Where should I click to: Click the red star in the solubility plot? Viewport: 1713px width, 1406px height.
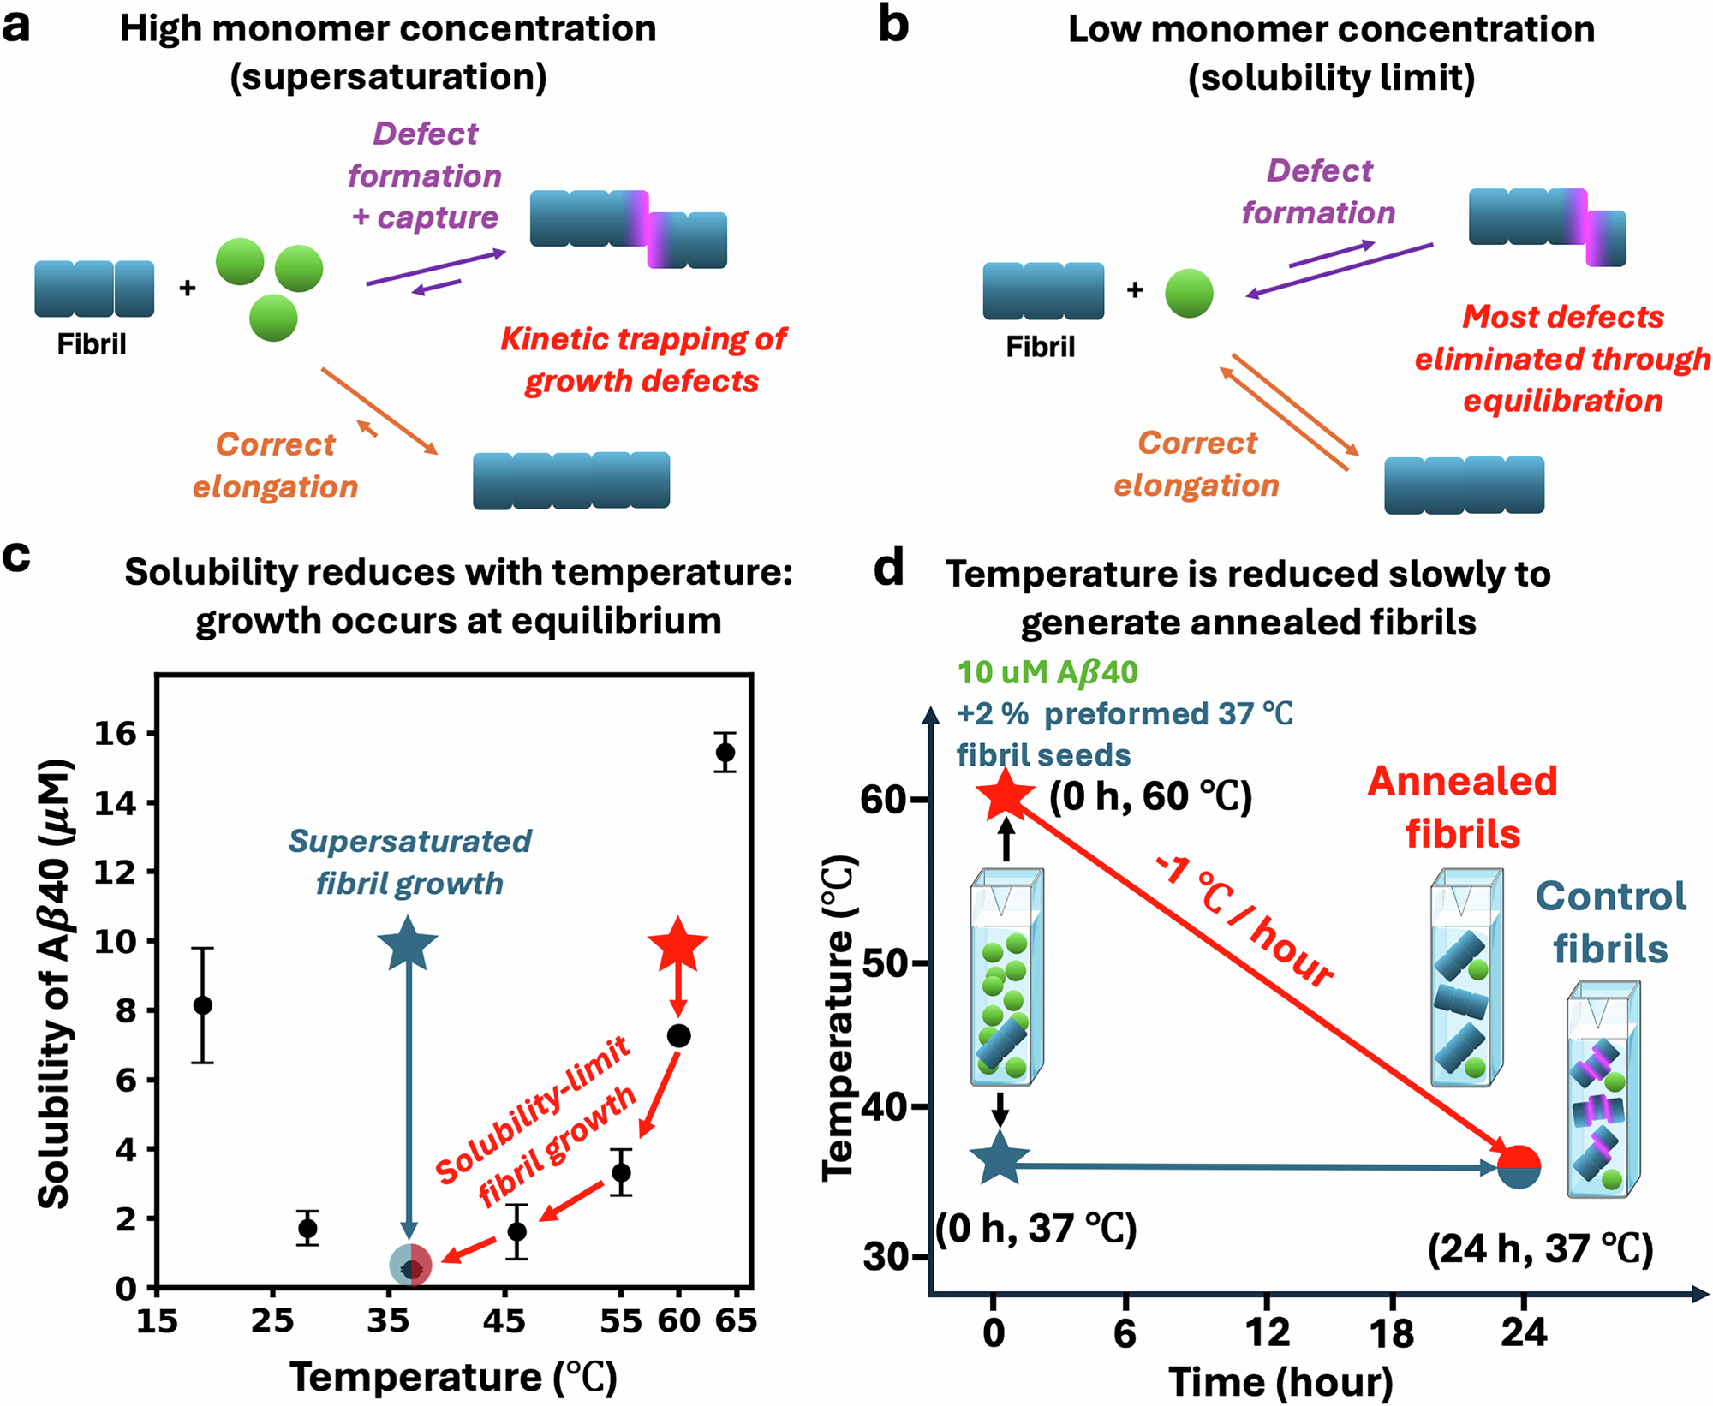tap(677, 944)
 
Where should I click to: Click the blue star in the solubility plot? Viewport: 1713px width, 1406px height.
tap(408, 944)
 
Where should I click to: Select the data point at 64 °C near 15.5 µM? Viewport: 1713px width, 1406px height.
tap(725, 753)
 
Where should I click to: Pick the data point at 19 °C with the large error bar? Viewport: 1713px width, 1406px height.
tap(203, 1005)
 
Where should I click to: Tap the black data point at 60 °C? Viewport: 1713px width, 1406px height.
tap(678, 1036)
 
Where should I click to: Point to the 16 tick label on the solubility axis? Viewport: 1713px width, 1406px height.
tap(115, 734)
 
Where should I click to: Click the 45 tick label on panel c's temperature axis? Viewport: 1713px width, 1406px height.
tap(504, 1321)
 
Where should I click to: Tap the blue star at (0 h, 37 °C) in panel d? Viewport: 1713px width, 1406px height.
tap(999, 1159)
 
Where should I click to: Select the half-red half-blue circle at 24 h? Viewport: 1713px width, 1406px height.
tap(1519, 1166)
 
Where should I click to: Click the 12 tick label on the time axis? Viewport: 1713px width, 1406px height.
tap(1266, 1333)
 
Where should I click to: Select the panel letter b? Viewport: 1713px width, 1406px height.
tap(892, 26)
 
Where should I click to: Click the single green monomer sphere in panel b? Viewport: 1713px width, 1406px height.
tap(1189, 293)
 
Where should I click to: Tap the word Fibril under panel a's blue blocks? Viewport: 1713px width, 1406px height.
tap(92, 344)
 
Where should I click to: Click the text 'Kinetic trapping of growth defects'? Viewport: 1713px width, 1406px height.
tap(642, 360)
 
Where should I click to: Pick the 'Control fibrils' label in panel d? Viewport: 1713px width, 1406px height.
tap(1610, 922)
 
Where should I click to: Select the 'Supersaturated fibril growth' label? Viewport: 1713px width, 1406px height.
tap(409, 861)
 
